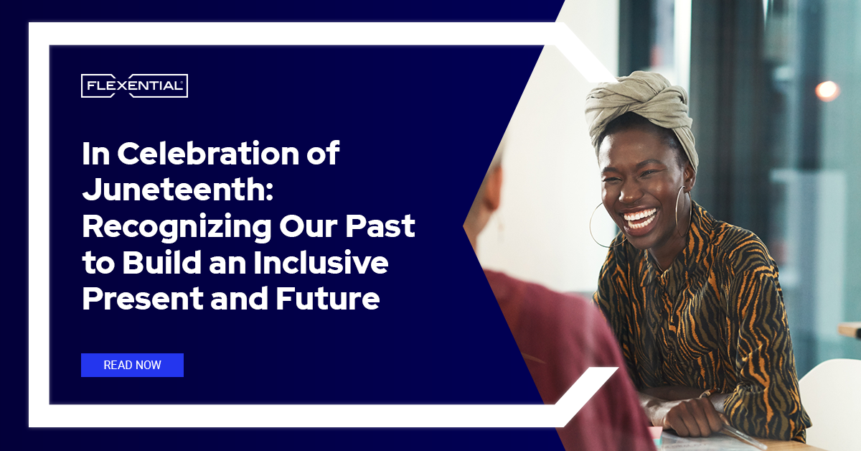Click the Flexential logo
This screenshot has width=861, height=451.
[135, 85]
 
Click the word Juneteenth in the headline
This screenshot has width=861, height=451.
[178, 190]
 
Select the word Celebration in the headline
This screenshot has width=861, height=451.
[207, 153]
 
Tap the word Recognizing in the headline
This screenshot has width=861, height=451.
[177, 228]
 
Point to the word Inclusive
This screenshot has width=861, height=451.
[321, 262]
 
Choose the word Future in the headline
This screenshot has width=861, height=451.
[328, 299]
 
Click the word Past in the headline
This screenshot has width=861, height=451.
[380, 226]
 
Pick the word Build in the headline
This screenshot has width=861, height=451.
[162, 262]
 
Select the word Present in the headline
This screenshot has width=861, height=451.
[143, 299]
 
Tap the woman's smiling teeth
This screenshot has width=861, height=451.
[639, 218]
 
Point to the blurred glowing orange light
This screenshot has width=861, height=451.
[827, 90]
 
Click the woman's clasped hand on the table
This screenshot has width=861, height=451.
[688, 417]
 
